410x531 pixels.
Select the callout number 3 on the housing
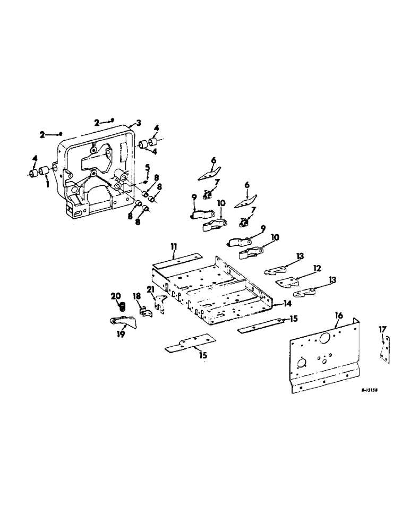click(x=138, y=123)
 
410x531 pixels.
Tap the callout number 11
click(x=174, y=246)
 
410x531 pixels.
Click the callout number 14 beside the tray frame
click(x=288, y=304)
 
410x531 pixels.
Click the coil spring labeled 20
click(x=121, y=307)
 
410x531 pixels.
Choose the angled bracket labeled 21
click(x=159, y=305)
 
